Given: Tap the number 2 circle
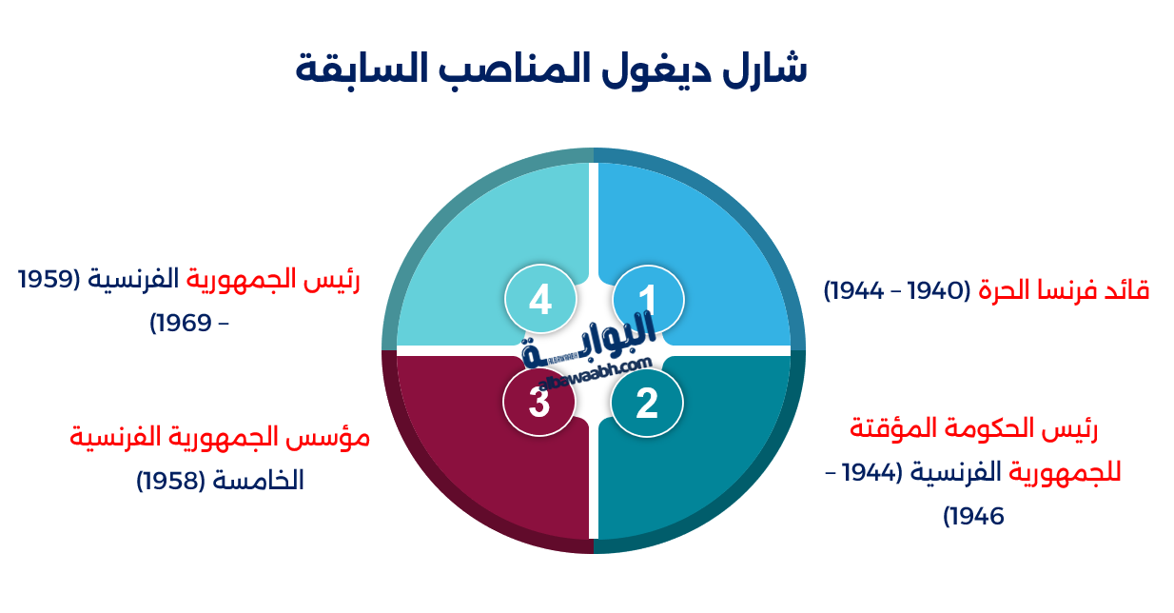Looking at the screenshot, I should tap(647, 403).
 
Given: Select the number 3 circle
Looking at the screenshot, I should tap(539, 403).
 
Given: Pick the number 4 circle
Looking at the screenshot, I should tap(540, 301).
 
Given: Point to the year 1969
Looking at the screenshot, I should tap(183, 324).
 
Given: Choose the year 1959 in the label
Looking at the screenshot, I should tap(48, 280).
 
